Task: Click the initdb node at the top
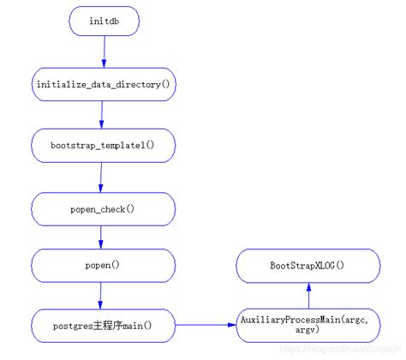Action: [104, 22]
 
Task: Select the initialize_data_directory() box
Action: [104, 84]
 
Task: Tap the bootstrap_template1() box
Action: [104, 145]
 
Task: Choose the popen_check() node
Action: [104, 207]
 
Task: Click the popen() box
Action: [104, 266]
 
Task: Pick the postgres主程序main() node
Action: [104, 325]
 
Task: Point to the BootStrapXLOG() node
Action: [308, 266]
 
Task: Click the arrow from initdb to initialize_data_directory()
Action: [104, 52]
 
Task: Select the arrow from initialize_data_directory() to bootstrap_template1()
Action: [103, 114]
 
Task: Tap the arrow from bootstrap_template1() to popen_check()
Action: [102, 177]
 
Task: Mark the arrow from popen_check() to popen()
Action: [102, 237]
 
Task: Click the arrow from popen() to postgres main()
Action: [102, 296]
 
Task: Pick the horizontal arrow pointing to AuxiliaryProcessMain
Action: [206, 325]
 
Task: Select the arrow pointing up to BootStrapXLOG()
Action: [308, 296]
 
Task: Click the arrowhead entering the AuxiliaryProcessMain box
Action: [233, 325]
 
